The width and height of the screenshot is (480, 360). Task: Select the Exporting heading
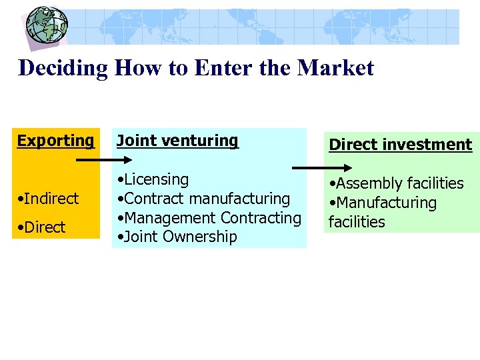[x=56, y=141]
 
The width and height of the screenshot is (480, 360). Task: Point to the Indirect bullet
[x=49, y=199]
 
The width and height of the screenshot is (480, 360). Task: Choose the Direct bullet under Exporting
[x=43, y=227]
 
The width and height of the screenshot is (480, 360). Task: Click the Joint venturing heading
[x=177, y=141]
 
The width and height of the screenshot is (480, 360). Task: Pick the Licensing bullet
[x=153, y=179]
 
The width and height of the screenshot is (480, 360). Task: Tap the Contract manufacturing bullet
[x=203, y=199]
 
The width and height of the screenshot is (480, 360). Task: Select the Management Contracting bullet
[x=209, y=218]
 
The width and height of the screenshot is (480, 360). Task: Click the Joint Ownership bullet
[x=177, y=237]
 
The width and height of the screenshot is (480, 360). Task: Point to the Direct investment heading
[x=400, y=145]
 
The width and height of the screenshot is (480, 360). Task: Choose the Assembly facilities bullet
[x=397, y=183]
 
